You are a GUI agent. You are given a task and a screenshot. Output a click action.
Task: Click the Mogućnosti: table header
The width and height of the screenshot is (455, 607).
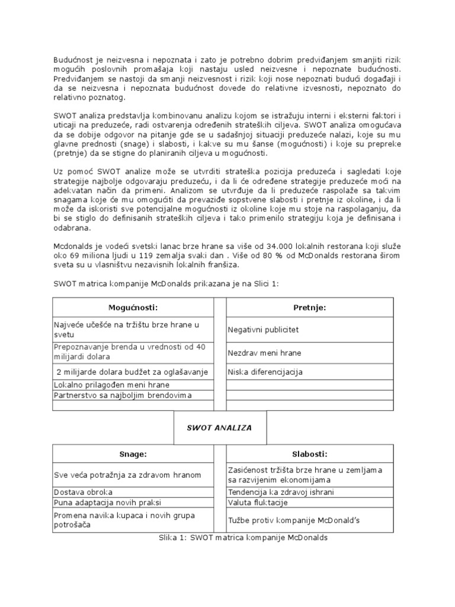click(133, 308)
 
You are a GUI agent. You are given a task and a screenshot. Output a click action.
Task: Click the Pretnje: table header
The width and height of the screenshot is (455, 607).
click(309, 308)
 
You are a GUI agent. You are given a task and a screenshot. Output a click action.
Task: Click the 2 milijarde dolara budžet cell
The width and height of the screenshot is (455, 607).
click(132, 372)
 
